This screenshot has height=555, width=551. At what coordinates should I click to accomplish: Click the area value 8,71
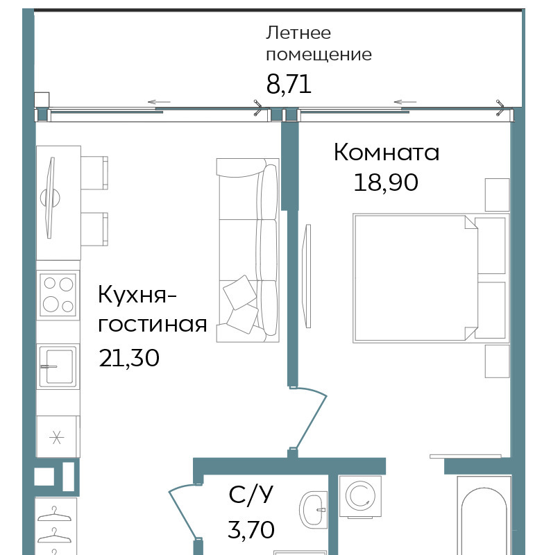click(x=289, y=85)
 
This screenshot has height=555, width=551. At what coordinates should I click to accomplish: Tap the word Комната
click(x=387, y=152)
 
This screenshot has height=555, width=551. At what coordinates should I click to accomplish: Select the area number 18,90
click(x=386, y=182)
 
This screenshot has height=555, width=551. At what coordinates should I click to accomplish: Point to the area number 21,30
click(x=129, y=358)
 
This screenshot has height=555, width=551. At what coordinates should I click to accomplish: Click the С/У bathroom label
click(x=251, y=494)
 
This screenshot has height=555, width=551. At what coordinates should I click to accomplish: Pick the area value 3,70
click(x=251, y=529)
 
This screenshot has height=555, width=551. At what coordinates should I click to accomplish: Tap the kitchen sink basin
click(x=58, y=366)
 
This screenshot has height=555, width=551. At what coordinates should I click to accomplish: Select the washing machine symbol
click(x=360, y=496)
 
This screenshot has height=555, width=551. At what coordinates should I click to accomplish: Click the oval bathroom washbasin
click(x=313, y=509)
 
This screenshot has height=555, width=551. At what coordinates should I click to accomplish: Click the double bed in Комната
click(x=431, y=278)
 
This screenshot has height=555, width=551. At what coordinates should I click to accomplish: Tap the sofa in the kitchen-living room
click(x=248, y=250)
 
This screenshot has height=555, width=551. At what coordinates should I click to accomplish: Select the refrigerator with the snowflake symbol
click(x=58, y=436)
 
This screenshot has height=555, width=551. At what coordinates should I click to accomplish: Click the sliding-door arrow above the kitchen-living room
click(x=159, y=102)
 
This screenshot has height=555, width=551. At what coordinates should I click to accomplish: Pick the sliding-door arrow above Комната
click(x=405, y=102)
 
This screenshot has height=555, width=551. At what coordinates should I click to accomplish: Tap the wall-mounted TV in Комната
click(x=306, y=276)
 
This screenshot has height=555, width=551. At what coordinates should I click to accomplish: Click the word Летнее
click(x=298, y=33)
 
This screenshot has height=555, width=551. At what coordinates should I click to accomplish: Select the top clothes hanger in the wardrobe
click(x=54, y=514)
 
